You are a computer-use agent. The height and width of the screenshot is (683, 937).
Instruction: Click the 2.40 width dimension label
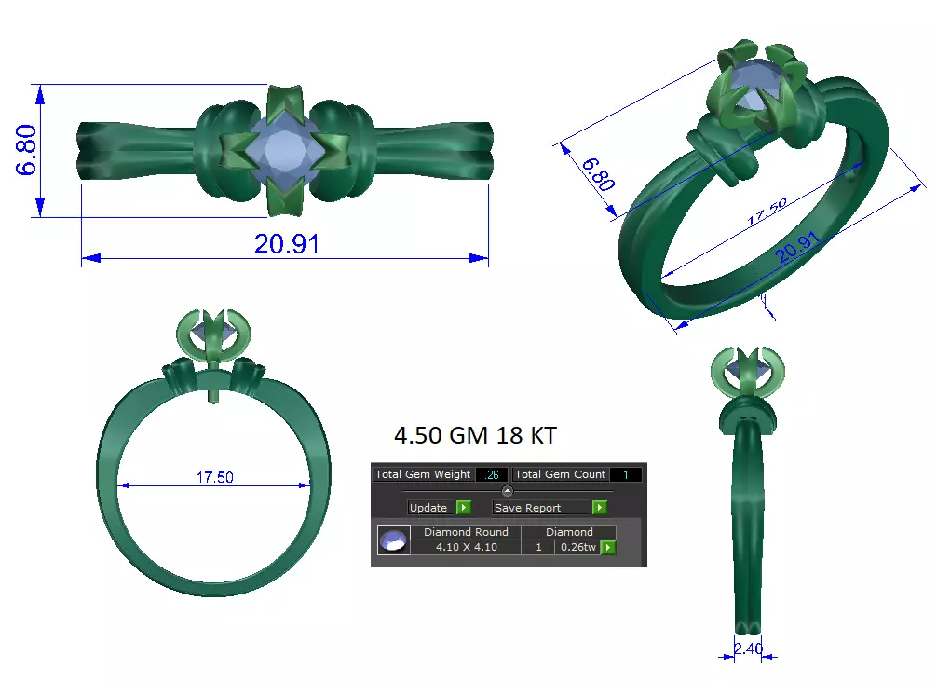pyautogui.click(x=748, y=649)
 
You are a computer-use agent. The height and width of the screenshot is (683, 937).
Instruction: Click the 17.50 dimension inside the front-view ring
pyautogui.click(x=214, y=477)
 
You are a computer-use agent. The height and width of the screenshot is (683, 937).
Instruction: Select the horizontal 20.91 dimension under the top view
pyautogui.click(x=286, y=244)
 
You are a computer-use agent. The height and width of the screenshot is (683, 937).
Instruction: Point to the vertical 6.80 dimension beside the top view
pyautogui.click(x=25, y=150)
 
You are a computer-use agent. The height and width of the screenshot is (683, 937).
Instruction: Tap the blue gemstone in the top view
pyautogui.click(x=283, y=150)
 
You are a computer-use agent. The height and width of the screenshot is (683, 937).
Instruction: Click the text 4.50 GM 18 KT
pyautogui.click(x=475, y=435)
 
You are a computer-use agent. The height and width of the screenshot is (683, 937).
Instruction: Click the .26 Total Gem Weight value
pyautogui.click(x=492, y=474)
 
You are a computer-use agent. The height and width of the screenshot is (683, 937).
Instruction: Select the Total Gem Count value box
pyautogui.click(x=625, y=474)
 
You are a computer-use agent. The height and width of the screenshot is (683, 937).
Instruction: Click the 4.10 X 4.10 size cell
pyautogui.click(x=466, y=547)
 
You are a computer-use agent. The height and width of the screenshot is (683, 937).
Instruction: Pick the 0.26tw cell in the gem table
pyautogui.click(x=576, y=547)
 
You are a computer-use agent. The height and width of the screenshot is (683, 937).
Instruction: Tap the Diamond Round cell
pyautogui.click(x=466, y=532)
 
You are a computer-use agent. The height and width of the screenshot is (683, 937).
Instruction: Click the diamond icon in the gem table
pyautogui.click(x=393, y=540)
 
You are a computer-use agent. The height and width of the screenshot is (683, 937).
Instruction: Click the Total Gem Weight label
pyautogui.click(x=423, y=474)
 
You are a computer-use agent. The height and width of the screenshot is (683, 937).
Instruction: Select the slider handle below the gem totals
pyautogui.click(x=508, y=491)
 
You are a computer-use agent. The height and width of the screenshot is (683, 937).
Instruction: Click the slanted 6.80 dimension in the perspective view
pyautogui.click(x=597, y=174)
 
